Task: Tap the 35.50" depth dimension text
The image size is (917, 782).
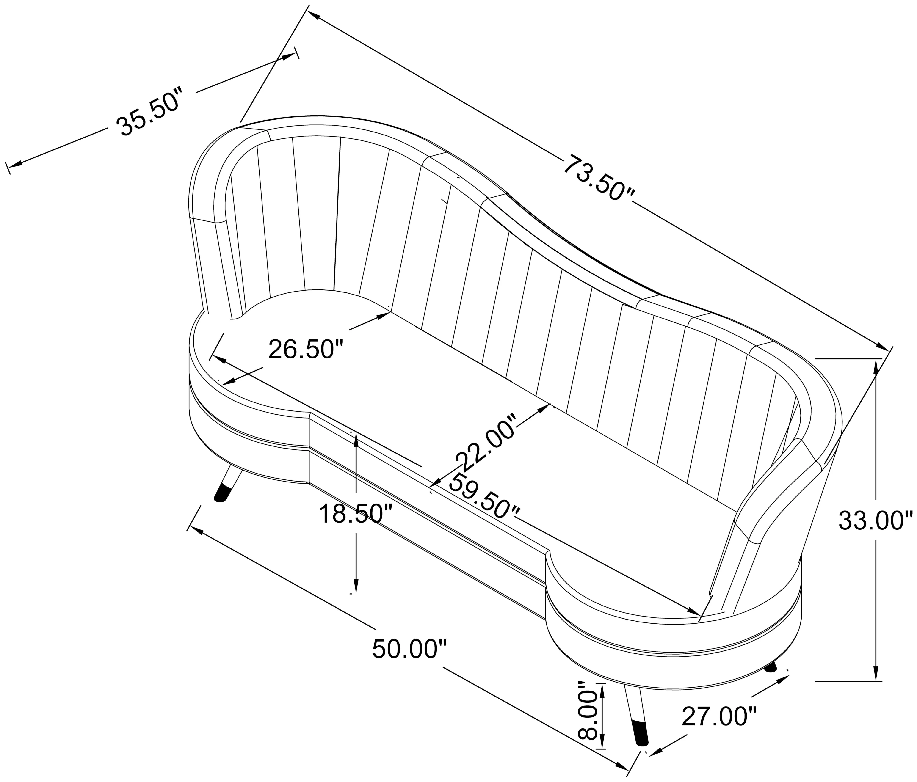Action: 149,112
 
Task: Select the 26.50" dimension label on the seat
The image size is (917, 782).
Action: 306,350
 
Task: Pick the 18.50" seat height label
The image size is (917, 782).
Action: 355,514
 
